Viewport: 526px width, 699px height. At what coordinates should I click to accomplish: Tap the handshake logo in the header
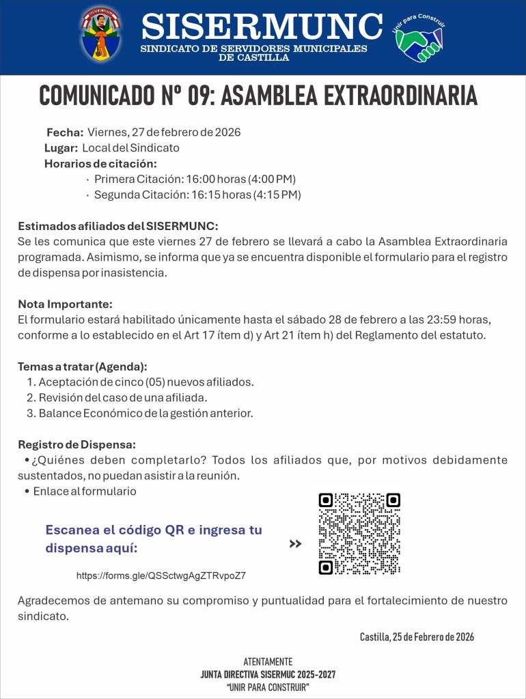(419, 38)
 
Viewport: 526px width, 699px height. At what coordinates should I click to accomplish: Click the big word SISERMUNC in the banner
(262, 27)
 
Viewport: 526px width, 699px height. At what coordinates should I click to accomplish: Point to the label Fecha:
(65, 132)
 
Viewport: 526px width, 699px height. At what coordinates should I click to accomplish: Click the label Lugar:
(61, 148)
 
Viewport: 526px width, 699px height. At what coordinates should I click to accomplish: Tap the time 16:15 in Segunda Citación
(204, 195)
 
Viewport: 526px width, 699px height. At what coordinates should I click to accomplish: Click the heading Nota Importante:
(65, 304)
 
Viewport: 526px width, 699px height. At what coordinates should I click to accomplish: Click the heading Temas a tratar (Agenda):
(83, 367)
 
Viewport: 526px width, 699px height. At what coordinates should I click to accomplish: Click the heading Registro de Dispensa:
(77, 445)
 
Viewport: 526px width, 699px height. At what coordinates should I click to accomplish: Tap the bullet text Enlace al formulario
(85, 491)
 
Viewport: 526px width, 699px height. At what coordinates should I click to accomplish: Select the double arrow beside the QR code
(295, 544)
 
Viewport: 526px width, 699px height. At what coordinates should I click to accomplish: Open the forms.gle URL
(161, 576)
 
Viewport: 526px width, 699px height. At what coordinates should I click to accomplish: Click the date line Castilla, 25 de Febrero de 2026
(417, 637)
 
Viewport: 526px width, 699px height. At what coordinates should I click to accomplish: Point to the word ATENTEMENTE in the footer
(268, 662)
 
